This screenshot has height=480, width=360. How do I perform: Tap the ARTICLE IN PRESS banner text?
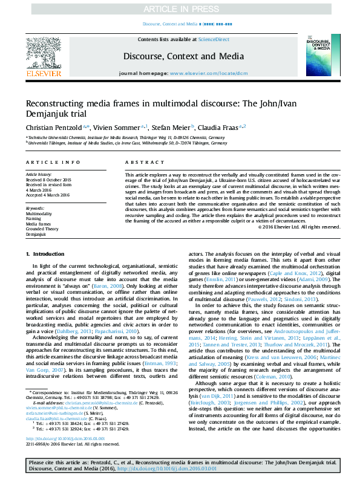[x=180, y=8]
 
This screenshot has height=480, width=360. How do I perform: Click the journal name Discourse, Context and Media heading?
[x=179, y=56]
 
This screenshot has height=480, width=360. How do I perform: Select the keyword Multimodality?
[x=39, y=214]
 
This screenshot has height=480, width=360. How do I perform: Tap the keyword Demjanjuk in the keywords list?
[x=37, y=233]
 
